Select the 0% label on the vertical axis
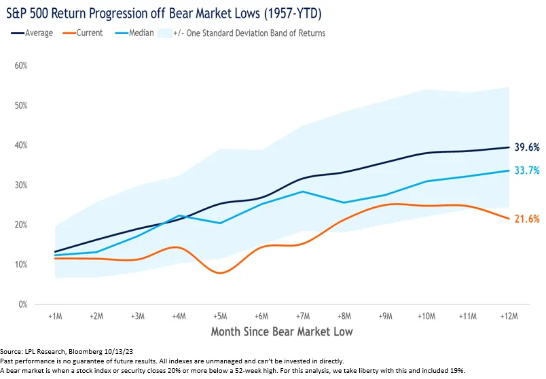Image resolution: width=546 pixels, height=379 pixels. tap(22, 304)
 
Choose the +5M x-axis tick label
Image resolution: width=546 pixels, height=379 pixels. tap(220, 317)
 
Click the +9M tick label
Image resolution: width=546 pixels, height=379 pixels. tap(385, 317)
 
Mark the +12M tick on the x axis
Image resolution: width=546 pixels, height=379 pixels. tap(509, 317)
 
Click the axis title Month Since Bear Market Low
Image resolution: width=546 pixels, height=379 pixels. tap(281, 332)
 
